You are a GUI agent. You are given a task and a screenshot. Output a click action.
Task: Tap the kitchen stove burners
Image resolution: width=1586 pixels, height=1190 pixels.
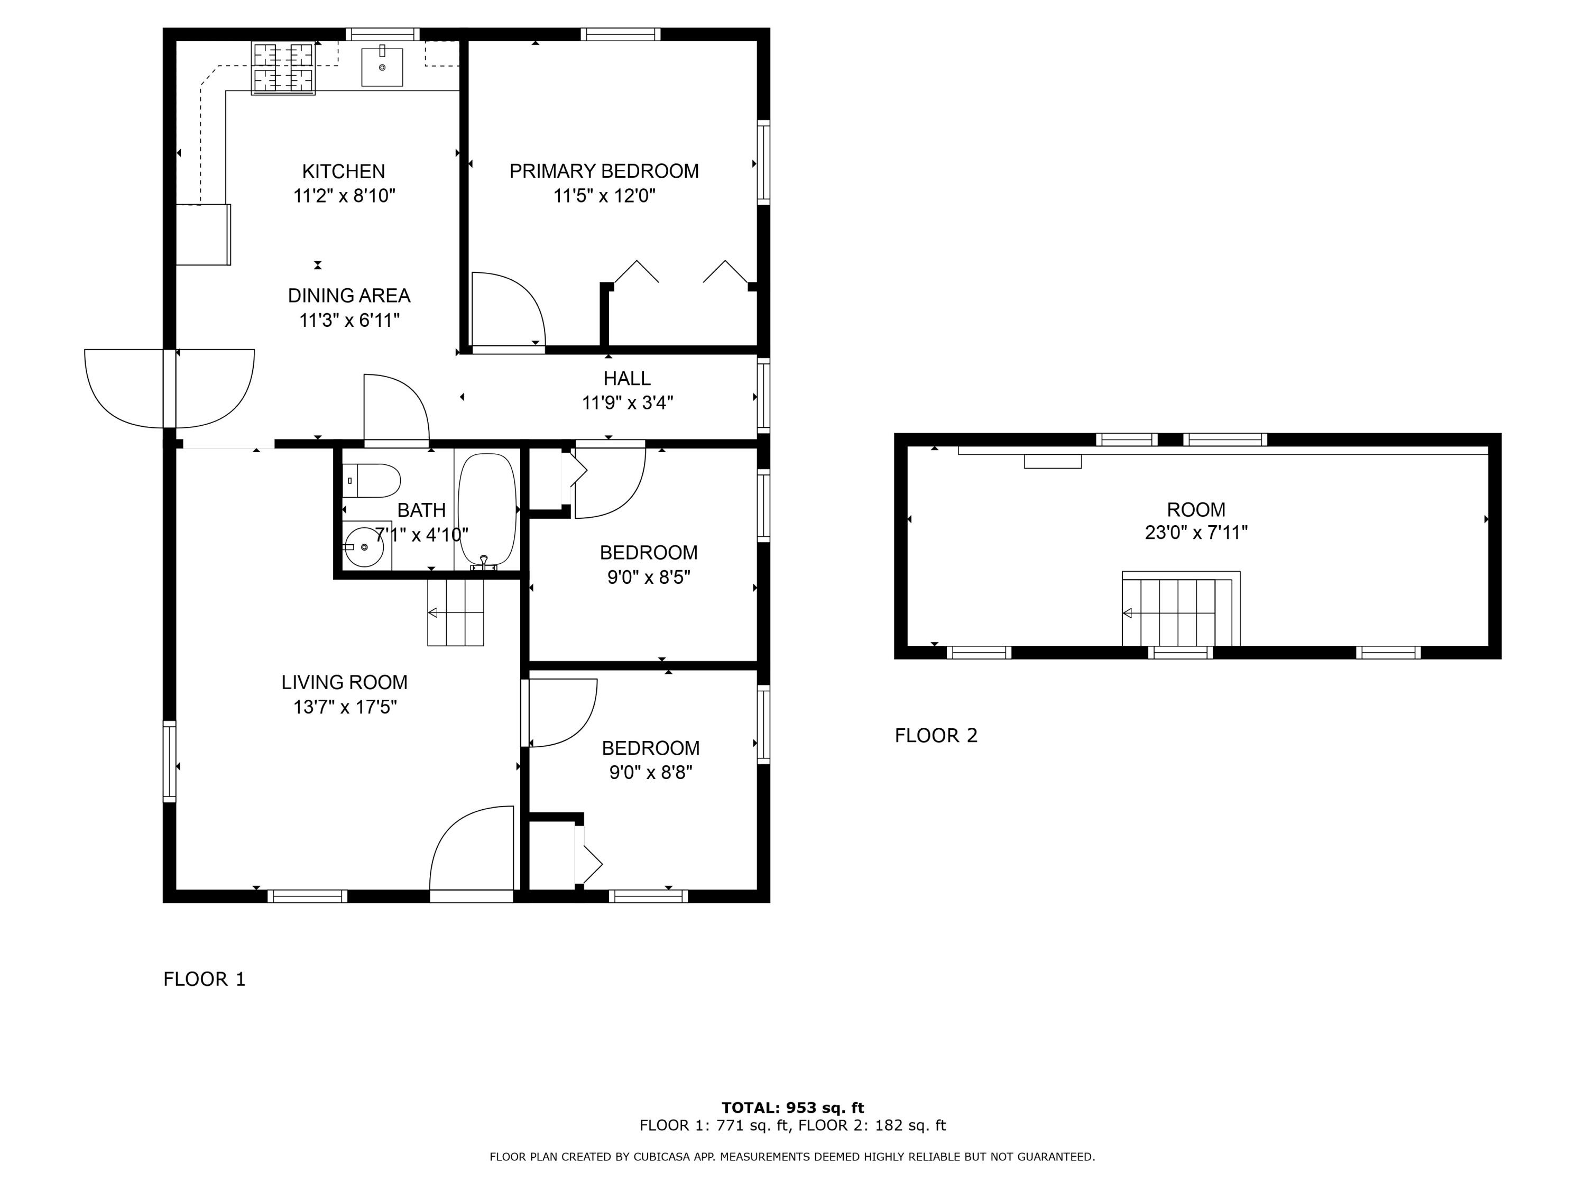coord(283,68)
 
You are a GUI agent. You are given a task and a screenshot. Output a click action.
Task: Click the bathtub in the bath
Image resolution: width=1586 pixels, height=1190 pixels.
coord(487,509)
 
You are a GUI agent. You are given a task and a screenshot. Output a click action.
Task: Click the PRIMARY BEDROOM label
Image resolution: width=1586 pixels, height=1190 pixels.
coord(604,171)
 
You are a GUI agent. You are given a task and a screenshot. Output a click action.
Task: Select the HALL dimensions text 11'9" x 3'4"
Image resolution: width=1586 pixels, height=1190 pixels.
coord(628,403)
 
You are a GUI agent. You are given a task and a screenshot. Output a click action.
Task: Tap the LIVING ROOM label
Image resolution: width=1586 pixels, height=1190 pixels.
coord(344,682)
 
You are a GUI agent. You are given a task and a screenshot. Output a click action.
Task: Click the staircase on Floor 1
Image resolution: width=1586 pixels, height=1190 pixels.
coord(455,612)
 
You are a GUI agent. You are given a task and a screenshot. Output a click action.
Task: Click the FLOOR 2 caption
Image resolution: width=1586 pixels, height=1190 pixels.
coord(936,735)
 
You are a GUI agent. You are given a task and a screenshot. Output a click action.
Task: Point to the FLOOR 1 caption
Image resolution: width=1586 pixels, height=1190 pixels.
coord(205,979)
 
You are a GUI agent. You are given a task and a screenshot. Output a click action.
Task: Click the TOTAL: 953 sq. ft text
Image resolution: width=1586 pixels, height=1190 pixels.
coord(792,1107)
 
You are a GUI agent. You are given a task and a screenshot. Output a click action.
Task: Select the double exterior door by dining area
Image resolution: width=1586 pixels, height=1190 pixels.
coord(169,389)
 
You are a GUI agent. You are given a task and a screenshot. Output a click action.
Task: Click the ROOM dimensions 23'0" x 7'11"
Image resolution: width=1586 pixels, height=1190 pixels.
coord(1196,533)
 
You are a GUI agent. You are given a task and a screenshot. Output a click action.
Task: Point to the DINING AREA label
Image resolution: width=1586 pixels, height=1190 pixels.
coord(349,296)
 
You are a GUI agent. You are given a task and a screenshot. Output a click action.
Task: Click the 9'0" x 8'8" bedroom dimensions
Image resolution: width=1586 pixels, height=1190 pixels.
coord(650,773)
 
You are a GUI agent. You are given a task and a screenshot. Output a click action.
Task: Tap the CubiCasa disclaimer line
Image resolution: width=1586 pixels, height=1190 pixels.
coord(792,1156)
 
